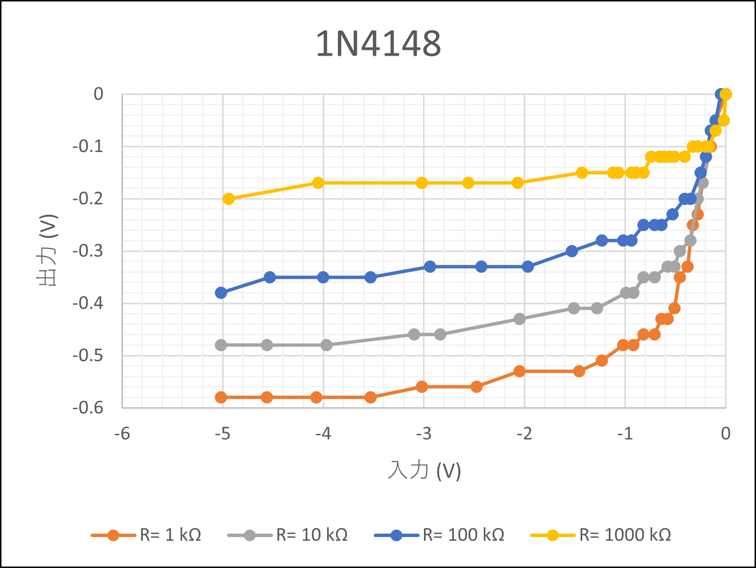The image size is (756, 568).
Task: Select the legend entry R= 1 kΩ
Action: pos(170,535)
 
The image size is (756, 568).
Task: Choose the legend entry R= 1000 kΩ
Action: pos(625,535)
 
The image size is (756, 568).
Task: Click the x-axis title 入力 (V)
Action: pos(424,470)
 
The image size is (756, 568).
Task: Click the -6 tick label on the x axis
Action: pos(122,433)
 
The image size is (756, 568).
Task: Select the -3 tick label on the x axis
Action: pos(423,433)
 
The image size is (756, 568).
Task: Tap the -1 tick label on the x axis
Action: pos(625,433)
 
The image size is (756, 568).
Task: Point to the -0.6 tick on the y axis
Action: pos(88,408)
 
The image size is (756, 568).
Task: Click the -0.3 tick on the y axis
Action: pos(88,251)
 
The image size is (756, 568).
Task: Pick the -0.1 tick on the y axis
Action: pos(88,146)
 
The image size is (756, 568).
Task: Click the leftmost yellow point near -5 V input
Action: pos(228,199)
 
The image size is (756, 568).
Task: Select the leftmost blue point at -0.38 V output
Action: pos(221,292)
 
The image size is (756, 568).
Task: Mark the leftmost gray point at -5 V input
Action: pos(221,345)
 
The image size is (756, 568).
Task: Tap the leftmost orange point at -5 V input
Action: pos(221,398)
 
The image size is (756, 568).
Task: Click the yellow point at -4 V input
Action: pos(318,183)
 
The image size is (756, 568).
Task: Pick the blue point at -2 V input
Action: pos(528,267)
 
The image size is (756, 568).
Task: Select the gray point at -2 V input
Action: pos(519,319)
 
